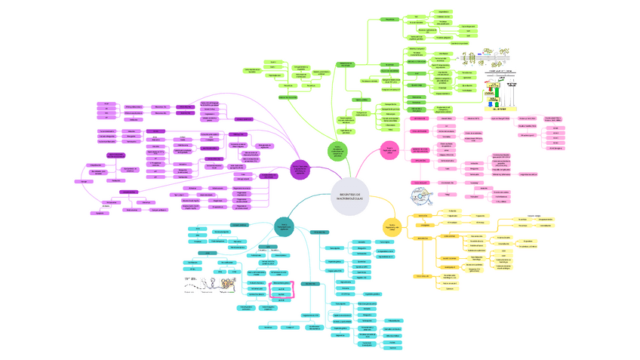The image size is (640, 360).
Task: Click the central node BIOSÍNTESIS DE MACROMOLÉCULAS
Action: (349, 196)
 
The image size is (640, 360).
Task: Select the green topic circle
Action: (338, 152)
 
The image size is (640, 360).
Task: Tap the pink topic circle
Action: (389, 149)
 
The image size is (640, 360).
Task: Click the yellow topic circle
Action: (390, 224)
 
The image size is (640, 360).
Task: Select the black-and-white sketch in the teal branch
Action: (204, 283)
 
